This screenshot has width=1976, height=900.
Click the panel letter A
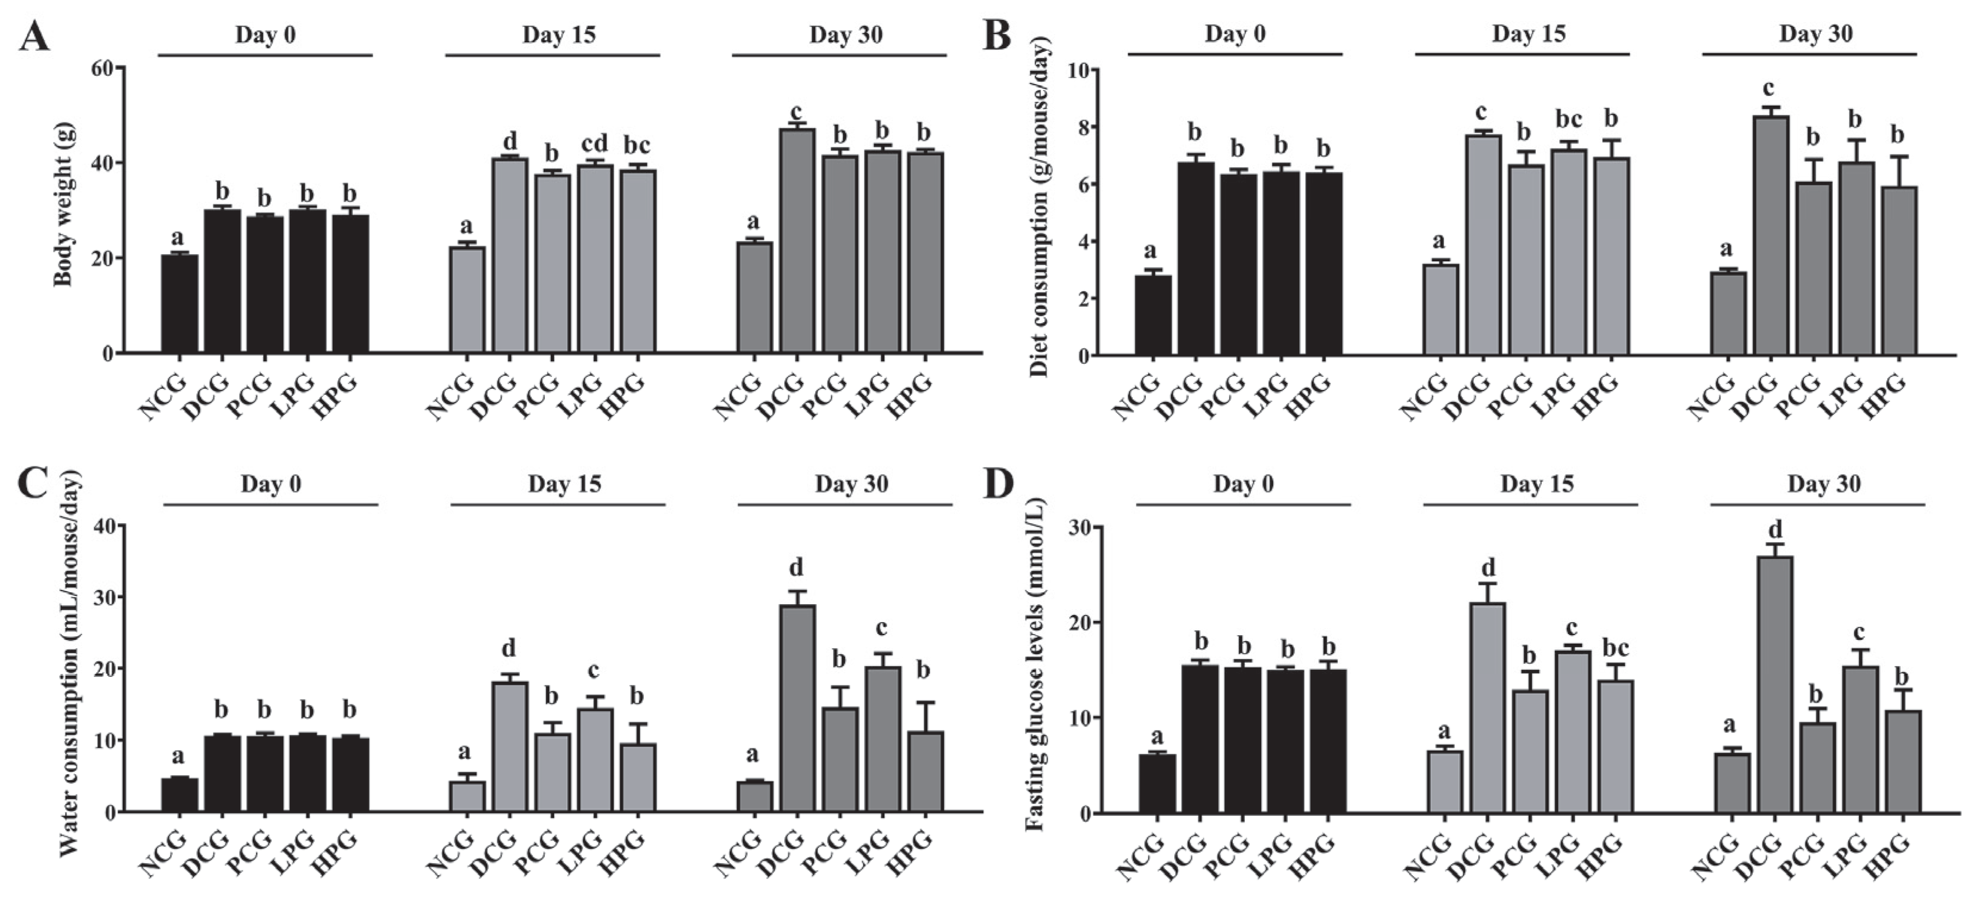[x=34, y=36]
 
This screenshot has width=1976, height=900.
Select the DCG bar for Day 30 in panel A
[x=797, y=241]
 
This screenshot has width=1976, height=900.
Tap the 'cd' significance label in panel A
[x=594, y=144]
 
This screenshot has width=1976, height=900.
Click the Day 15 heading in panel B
[x=1528, y=34]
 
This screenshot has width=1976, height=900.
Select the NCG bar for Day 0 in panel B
[x=1153, y=316]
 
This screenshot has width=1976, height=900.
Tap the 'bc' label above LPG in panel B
[x=1569, y=120]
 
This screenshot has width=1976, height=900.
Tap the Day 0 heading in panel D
[x=1243, y=484]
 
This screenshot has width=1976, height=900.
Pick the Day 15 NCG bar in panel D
[x=1444, y=782]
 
